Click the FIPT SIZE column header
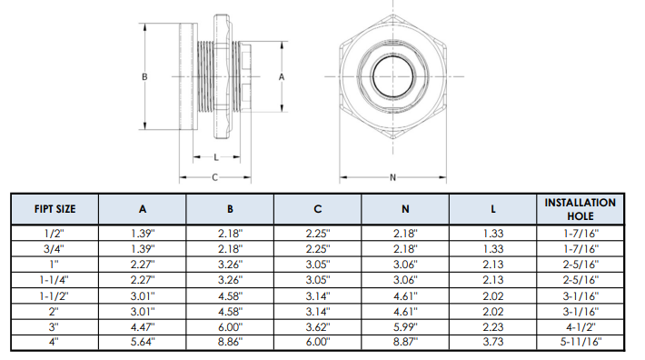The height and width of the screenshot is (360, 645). coord(55,209)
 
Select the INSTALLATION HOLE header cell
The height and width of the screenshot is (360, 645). coord(580,209)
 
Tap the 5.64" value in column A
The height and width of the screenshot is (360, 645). coord(143,342)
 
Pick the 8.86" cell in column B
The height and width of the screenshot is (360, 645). coord(230,342)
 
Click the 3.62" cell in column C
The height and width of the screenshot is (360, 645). coord(318,327)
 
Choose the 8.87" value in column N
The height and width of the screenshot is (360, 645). coord(405,342)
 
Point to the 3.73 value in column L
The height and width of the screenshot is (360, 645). coord(492,342)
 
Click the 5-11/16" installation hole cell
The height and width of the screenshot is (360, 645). coord(580,342)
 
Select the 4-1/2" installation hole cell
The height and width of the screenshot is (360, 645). coord(580,327)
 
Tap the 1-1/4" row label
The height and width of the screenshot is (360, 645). coord(55,280)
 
